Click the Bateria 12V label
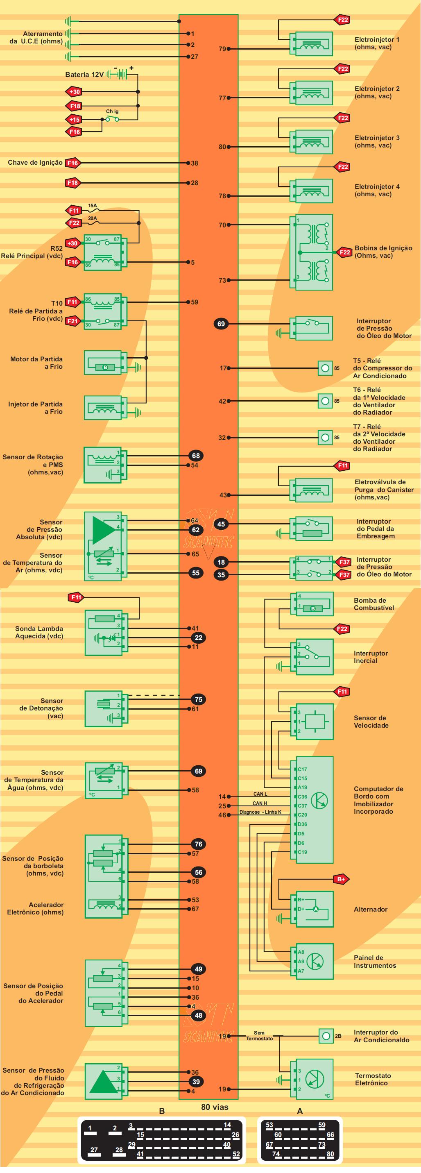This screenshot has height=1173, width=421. click(84, 75)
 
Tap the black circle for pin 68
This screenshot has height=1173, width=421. click(196, 456)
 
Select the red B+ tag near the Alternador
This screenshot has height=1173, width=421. click(341, 879)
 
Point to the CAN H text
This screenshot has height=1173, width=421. click(260, 804)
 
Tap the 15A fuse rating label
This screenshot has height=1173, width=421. click(93, 206)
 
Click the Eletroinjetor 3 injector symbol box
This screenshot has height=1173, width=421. click(314, 142)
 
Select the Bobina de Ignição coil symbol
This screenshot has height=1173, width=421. click(314, 252)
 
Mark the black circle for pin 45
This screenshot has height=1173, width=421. click(221, 524)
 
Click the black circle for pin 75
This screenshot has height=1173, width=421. click(199, 699)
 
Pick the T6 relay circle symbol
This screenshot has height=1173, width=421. click(324, 401)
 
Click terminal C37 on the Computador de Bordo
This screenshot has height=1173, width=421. click(302, 806)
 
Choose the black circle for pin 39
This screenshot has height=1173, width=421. click(196, 1082)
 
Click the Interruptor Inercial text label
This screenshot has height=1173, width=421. click(371, 657)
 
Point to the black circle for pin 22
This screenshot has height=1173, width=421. click(199, 638)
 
